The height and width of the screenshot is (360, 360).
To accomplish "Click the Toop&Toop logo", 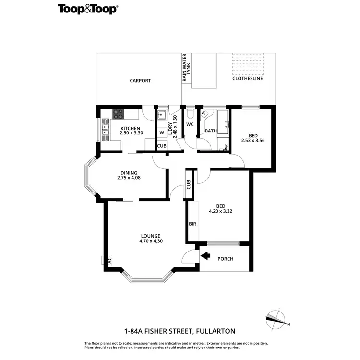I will click(88, 9).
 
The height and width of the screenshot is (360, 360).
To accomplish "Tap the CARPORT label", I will click(140, 81).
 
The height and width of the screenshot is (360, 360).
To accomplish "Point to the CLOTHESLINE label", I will click(248, 79).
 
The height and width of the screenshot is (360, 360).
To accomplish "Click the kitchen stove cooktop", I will click(118, 114).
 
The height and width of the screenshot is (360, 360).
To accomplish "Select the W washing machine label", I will click(162, 132).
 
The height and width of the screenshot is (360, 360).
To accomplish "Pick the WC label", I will click(190, 125).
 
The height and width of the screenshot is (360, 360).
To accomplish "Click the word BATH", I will click(211, 131).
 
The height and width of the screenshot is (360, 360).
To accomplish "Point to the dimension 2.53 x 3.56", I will click(253, 140).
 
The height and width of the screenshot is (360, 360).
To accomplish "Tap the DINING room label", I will click(129, 173).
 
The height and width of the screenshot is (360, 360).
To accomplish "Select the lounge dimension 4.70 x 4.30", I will click(150, 241).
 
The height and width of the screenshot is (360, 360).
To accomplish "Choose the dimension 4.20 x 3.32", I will click(221, 211).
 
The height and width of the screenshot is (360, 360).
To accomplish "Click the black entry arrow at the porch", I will click(205, 256).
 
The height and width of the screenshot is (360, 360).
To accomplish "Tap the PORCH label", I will click(226, 259).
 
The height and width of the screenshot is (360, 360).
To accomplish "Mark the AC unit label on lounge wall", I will click(109, 260).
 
